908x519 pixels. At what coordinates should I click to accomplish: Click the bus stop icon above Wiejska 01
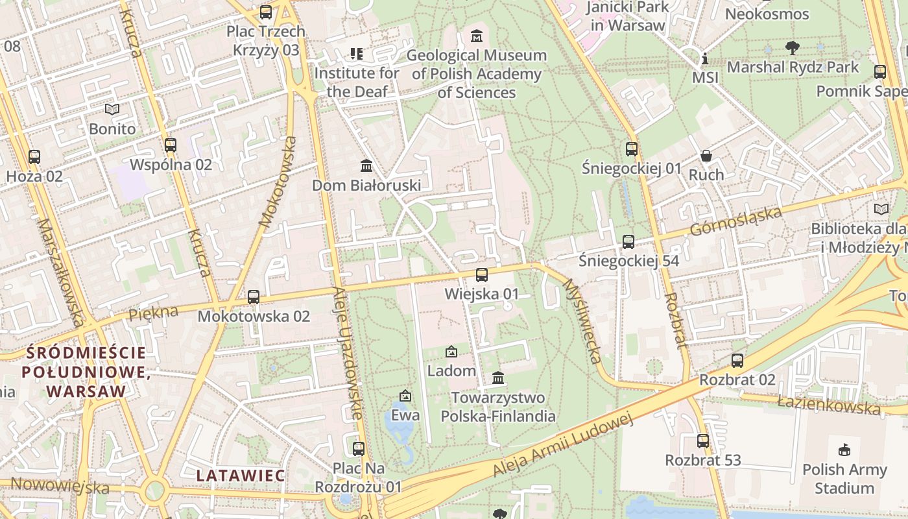[481, 274]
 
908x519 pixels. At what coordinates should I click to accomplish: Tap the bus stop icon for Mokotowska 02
[254, 296]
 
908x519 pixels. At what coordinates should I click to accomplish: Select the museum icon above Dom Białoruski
[366, 166]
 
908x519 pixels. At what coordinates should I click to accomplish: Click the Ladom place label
[451, 371]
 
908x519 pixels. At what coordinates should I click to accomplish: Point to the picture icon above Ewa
[405, 395]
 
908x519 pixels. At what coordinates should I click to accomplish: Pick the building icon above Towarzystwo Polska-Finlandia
[498, 378]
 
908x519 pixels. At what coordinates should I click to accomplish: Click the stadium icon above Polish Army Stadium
[844, 450]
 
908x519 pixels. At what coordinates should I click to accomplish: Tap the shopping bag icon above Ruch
[706, 156]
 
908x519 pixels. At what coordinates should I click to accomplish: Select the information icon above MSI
[705, 59]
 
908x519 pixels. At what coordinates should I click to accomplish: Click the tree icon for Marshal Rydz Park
[792, 47]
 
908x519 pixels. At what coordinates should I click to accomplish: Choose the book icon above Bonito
[112, 109]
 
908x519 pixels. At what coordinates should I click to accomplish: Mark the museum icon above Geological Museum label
[477, 36]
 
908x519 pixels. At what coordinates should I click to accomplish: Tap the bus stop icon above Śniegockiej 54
[628, 242]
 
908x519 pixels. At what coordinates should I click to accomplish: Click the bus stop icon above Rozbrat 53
[703, 441]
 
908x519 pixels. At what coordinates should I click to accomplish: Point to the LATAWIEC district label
[241, 476]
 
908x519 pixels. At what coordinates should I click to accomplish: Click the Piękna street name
[153, 313]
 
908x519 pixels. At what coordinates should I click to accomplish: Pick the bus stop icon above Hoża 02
[34, 156]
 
